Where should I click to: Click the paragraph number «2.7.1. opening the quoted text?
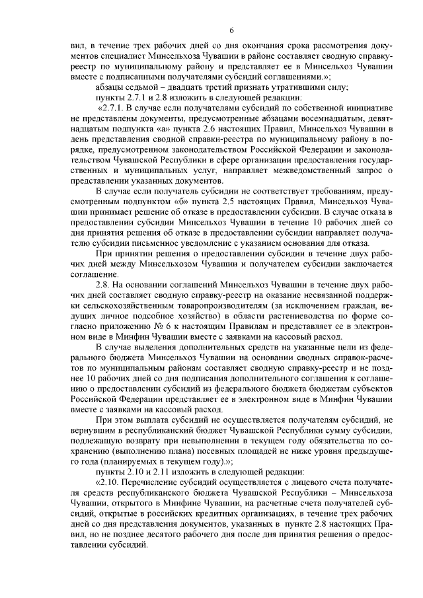point(114,107)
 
